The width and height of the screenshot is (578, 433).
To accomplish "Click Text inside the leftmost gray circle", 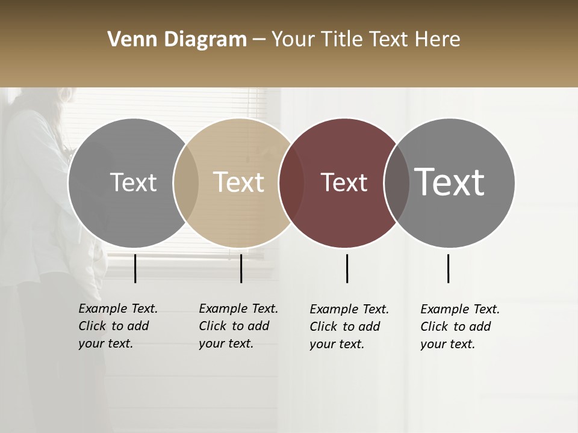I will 133,183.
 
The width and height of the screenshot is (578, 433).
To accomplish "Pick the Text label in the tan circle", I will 239,183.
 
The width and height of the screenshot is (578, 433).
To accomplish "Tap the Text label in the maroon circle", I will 344,183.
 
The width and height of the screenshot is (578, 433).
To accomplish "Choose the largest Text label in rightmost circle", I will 450,182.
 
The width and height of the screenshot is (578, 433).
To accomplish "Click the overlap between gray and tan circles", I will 186,183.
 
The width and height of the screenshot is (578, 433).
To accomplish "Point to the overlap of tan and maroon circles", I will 291,183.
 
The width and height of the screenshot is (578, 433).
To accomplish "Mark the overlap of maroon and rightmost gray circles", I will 396,183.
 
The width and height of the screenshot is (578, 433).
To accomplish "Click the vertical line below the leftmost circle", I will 135,268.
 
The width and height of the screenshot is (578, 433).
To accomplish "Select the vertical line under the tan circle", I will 241,268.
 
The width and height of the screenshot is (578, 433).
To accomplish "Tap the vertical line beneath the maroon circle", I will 347,268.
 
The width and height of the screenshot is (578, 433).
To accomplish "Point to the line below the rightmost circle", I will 448,268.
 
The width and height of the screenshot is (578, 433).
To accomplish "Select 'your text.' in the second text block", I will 226,343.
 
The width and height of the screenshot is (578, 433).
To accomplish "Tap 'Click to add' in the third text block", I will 344,327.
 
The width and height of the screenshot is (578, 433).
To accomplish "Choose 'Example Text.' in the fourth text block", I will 460,309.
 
